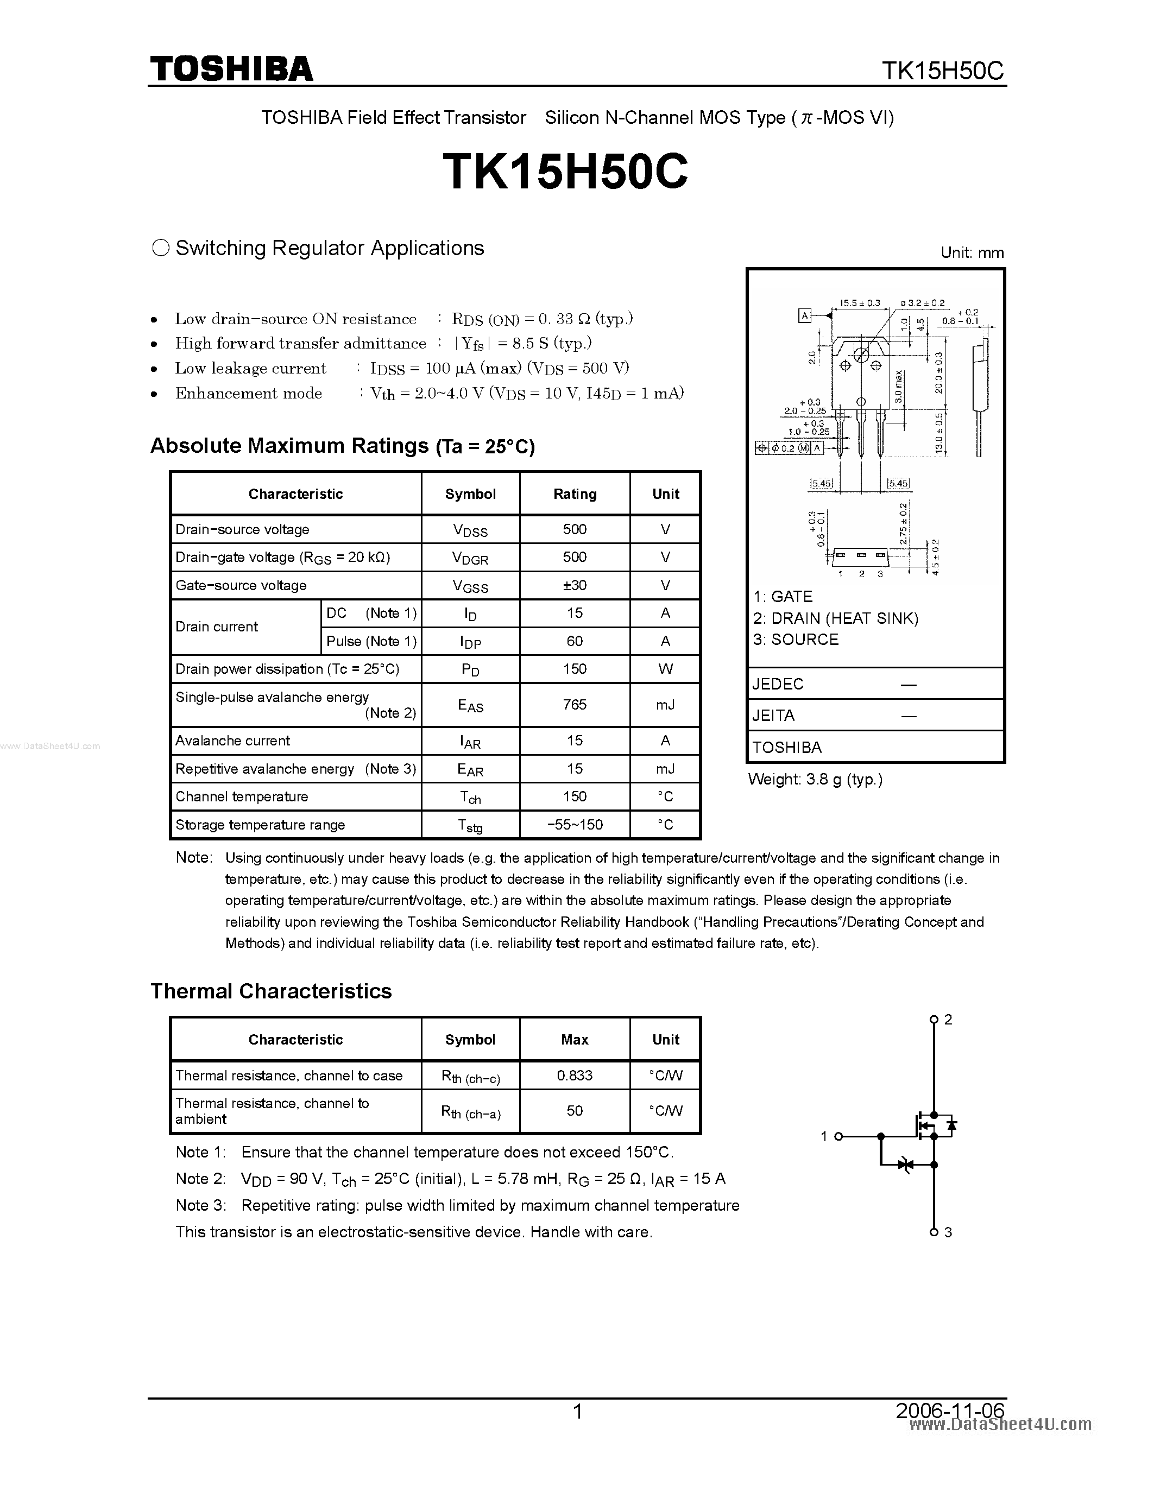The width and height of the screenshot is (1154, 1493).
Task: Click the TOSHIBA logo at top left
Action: (231, 69)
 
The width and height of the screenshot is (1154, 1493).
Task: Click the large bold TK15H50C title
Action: (565, 172)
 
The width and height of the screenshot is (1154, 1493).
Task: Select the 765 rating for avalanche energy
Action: (574, 704)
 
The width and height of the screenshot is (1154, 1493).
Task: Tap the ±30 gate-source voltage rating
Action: (574, 585)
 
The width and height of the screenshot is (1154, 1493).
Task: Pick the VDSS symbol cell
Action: (470, 530)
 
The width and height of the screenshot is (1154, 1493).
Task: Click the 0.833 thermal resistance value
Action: (574, 1076)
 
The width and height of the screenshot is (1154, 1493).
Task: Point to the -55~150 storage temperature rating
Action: (574, 825)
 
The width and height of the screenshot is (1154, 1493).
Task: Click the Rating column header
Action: (574, 494)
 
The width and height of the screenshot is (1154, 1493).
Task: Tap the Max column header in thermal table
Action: (574, 1039)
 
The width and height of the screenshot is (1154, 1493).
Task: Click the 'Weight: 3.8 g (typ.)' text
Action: (815, 779)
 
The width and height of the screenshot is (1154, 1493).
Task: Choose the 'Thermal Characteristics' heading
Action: (271, 991)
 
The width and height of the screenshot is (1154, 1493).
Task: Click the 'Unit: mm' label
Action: (972, 252)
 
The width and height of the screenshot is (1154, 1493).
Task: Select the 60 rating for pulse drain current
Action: (574, 641)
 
